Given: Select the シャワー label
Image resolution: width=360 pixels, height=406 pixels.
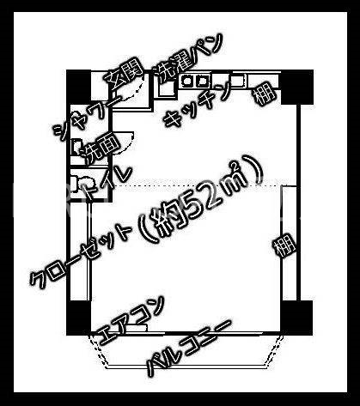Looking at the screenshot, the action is pyautogui.click(x=88, y=117).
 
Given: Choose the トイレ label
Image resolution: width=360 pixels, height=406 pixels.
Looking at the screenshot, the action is pyautogui.click(x=106, y=184).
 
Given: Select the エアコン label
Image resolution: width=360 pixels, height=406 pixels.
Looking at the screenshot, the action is pyautogui.click(x=131, y=320).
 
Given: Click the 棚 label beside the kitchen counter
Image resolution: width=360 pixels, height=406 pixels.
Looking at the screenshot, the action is pyautogui.click(x=265, y=94).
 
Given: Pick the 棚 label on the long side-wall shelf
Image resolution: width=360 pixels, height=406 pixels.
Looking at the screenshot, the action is pyautogui.click(x=284, y=245).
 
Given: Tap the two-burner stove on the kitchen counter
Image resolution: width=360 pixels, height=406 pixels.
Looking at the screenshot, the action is pyautogui.click(x=195, y=82).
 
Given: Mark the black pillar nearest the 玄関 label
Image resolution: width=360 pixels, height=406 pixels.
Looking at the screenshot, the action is pyautogui.click(x=79, y=87).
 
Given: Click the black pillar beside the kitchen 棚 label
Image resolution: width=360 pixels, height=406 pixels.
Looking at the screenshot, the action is pyautogui.click(x=297, y=87).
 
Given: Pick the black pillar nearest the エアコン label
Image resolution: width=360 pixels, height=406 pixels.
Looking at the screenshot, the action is pyautogui.click(x=79, y=318).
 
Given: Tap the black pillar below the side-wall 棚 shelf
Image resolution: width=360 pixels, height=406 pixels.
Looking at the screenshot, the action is pyautogui.click(x=297, y=318).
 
